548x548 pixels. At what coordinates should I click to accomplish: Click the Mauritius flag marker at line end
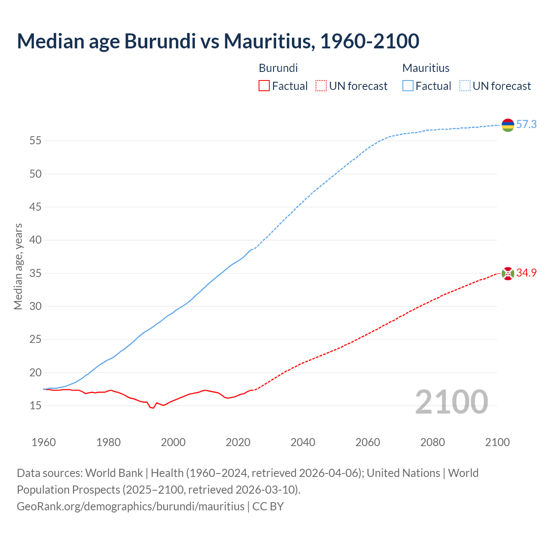pos(508,125)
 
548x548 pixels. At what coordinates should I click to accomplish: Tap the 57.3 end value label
pos(526,125)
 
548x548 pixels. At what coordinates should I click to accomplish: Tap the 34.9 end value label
pos(526,273)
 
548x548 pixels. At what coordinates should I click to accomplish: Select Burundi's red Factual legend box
pos(264,86)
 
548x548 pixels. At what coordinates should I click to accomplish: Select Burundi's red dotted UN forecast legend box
pos(321,86)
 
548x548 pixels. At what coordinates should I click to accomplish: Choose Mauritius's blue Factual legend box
pos(408,86)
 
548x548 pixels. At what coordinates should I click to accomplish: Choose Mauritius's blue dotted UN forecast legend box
pos(465,86)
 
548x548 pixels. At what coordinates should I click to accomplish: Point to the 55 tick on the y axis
pos(35,141)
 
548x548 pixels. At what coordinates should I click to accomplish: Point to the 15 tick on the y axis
pos(35,405)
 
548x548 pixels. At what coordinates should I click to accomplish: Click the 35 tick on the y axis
pos(35,273)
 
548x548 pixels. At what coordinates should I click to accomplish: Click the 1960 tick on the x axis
pos(44,442)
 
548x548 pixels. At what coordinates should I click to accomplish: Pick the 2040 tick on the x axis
pos(303,442)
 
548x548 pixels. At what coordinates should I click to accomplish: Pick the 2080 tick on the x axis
pos(432,442)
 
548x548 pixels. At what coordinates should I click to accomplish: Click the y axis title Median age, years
pos(18,266)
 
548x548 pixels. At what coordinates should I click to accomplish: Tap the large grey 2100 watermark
pos(451,402)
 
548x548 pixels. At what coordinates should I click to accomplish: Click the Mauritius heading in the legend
pos(426,68)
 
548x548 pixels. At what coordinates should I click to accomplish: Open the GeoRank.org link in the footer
pos(131,506)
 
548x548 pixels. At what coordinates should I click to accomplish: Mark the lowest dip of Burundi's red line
pos(153,408)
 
